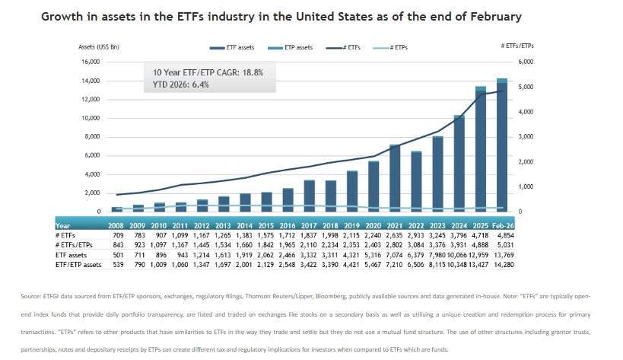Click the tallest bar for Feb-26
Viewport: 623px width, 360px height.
pyautogui.click(x=501, y=145)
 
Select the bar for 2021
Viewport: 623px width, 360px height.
pyautogui.click(x=395, y=178)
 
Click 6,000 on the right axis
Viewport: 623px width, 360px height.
pyautogui.click(x=525, y=62)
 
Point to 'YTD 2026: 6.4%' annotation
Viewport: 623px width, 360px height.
pyautogui.click(x=181, y=85)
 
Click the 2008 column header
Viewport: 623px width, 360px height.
pyautogui.click(x=116, y=225)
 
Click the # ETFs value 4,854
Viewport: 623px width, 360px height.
pyautogui.click(x=504, y=236)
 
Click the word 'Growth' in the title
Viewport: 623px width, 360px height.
pyautogui.click(x=64, y=16)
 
